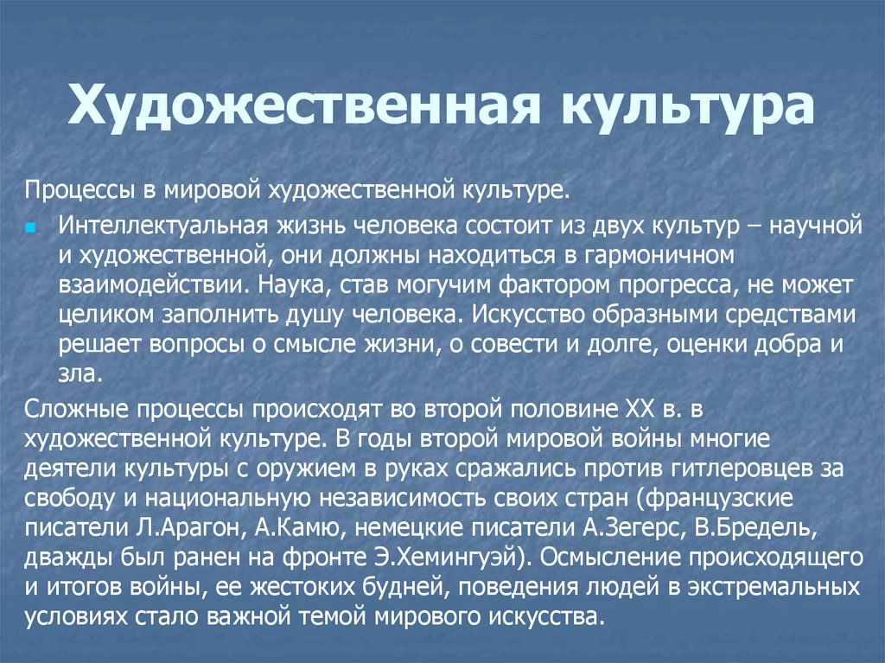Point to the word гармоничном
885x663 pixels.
point(659,256)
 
